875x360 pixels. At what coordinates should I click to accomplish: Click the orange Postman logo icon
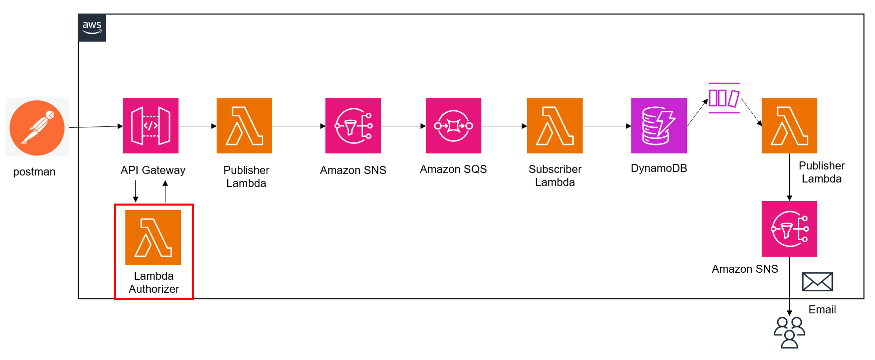pyautogui.click(x=37, y=127)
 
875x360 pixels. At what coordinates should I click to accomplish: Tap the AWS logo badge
pyautogui.click(x=92, y=28)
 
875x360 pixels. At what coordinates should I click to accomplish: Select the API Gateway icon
pyautogui.click(x=150, y=125)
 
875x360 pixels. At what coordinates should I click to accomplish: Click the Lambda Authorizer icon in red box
pyautogui.click(x=153, y=237)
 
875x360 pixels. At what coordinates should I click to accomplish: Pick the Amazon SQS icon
pyautogui.click(x=453, y=125)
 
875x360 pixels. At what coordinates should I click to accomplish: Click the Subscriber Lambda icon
pyautogui.click(x=555, y=125)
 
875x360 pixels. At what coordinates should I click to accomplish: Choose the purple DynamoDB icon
pyautogui.click(x=659, y=125)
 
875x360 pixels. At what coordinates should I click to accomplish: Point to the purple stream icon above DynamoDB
pyautogui.click(x=724, y=98)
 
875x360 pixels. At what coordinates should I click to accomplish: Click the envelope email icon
pyautogui.click(x=817, y=282)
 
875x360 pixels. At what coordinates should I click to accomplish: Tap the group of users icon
pyautogui.click(x=789, y=332)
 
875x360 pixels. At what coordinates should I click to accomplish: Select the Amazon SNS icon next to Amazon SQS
pyautogui.click(x=353, y=125)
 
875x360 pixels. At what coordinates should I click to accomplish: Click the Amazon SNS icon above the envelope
pyautogui.click(x=789, y=229)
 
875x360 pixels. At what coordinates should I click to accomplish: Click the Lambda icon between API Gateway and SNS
pyautogui.click(x=244, y=125)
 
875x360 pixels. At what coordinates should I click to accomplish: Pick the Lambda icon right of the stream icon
pyautogui.click(x=789, y=125)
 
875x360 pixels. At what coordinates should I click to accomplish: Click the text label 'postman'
pyautogui.click(x=34, y=172)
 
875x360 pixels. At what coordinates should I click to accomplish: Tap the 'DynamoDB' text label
pyautogui.click(x=659, y=168)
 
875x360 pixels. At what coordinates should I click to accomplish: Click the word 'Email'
pyautogui.click(x=822, y=310)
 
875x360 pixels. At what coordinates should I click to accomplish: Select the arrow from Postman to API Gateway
pyautogui.click(x=95, y=127)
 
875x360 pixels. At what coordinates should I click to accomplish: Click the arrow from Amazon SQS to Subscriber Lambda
pyautogui.click(x=503, y=126)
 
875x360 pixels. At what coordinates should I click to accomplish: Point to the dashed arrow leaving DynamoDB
pyautogui.click(x=697, y=112)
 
